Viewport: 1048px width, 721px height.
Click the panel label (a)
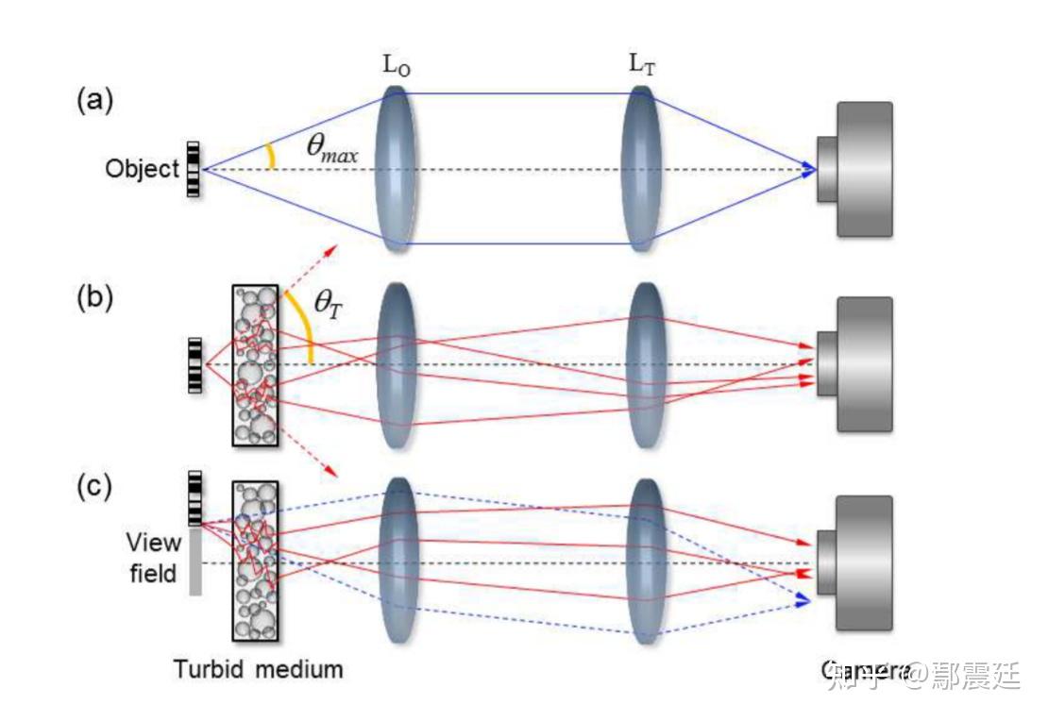click(x=94, y=101)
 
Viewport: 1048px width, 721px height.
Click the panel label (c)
click(x=94, y=488)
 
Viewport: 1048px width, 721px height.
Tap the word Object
click(x=142, y=170)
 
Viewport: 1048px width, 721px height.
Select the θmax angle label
click(x=331, y=147)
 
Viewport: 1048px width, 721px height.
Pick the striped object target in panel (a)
click(x=194, y=170)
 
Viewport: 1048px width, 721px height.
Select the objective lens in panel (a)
click(x=396, y=170)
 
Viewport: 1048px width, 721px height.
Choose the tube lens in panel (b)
click(x=645, y=363)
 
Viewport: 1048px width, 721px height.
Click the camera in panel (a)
click(x=855, y=169)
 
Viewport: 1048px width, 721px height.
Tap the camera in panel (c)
click(x=855, y=562)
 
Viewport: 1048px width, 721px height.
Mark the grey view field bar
click(x=195, y=561)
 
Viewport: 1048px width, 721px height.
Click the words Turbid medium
click(x=258, y=670)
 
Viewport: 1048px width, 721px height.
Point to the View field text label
click(x=153, y=558)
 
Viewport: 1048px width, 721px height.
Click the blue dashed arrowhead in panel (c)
click(x=803, y=600)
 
